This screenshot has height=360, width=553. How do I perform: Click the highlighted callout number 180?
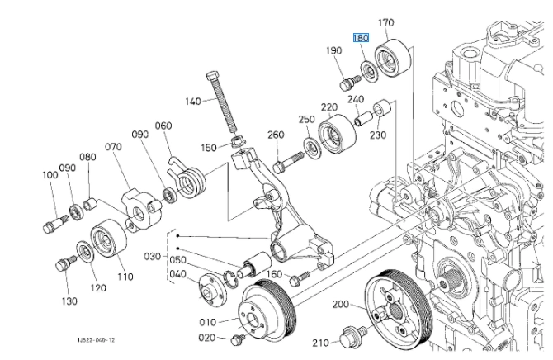pos(361,38)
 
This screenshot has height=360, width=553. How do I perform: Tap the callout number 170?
pos(387,22)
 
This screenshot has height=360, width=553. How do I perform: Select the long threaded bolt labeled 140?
pos(223,104)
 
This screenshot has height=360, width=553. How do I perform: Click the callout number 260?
pos(276,135)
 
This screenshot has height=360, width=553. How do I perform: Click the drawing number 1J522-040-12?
pos(93,339)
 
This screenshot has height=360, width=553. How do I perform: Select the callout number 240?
pos(355,100)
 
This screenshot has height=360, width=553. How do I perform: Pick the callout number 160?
pos(274,274)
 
